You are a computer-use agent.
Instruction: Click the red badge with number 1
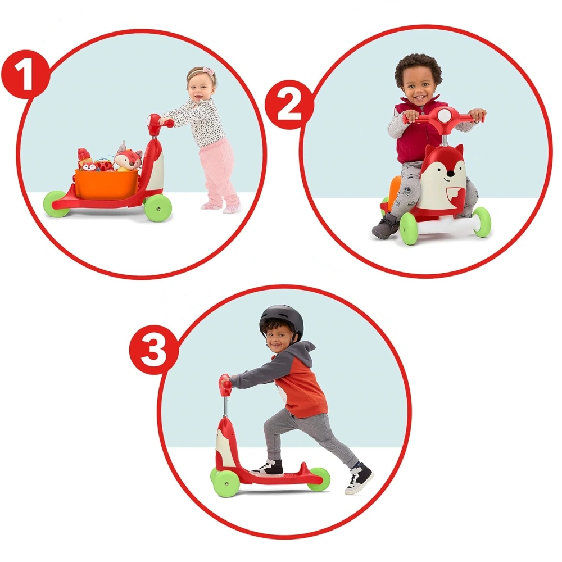click(25, 75)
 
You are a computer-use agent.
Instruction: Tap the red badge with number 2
click(289, 105)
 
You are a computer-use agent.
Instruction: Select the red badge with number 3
click(154, 350)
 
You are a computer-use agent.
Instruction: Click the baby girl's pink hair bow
click(209, 72)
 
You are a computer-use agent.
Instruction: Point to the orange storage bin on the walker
click(107, 184)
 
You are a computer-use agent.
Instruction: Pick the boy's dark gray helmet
click(282, 320)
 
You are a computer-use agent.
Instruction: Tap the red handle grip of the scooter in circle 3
click(225, 384)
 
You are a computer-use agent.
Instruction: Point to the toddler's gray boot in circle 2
click(386, 226)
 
